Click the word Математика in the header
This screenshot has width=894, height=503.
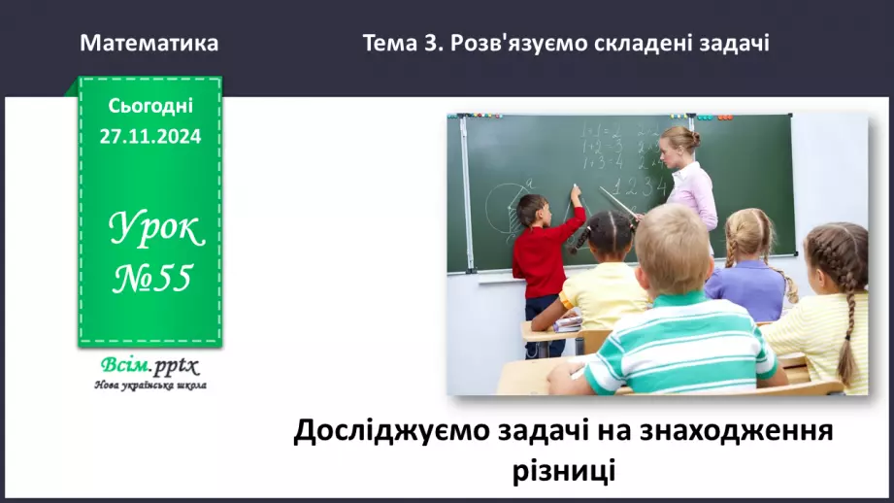149,44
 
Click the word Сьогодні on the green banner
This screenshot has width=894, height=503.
150,106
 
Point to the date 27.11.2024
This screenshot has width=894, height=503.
150,137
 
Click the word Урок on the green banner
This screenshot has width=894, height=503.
155,230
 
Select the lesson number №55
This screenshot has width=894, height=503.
151,280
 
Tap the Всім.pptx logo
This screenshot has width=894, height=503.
149,366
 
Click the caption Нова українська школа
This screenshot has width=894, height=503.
149,386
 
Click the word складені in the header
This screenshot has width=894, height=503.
658,44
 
